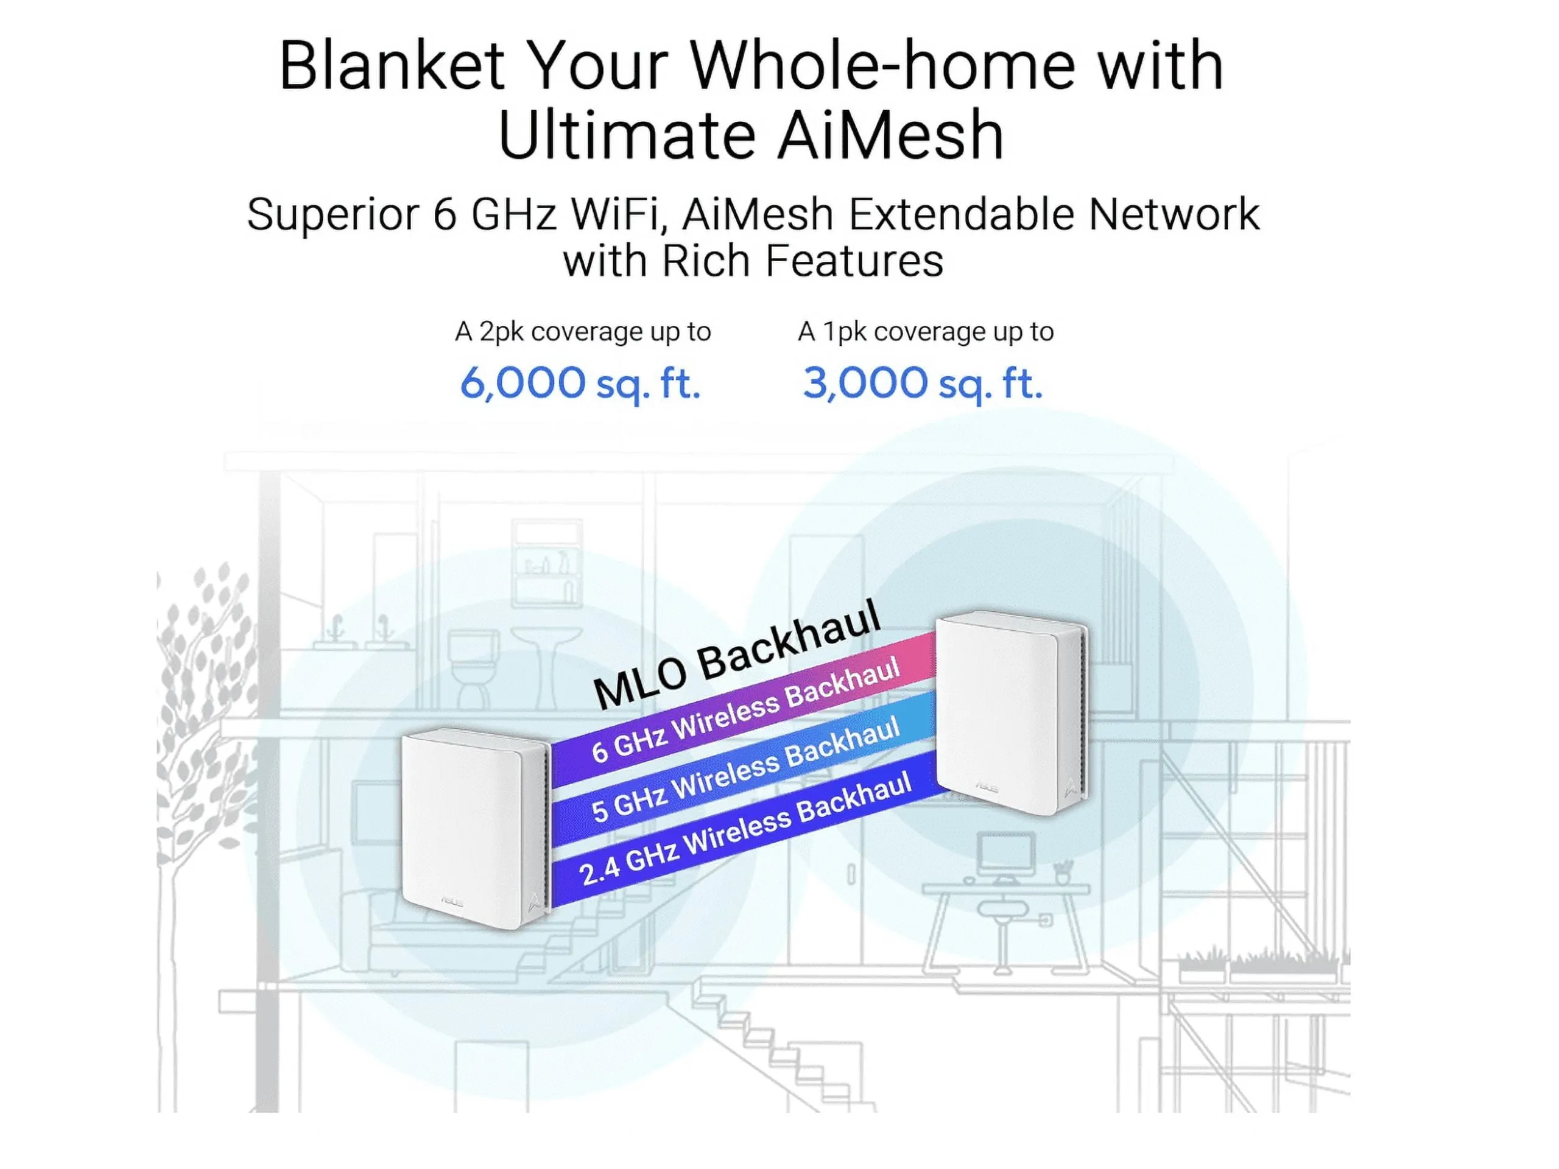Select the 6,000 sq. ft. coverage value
coord(580,384)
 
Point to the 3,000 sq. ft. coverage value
coord(923,384)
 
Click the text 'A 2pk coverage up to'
coord(583,332)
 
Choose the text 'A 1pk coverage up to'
coord(926,332)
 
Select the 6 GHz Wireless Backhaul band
coord(744,708)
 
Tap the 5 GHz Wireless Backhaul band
coord(744,768)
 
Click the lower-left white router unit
coord(475,828)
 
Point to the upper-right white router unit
coord(1012,712)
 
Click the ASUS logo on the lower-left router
coord(452,902)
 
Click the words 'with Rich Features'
coord(753,261)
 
